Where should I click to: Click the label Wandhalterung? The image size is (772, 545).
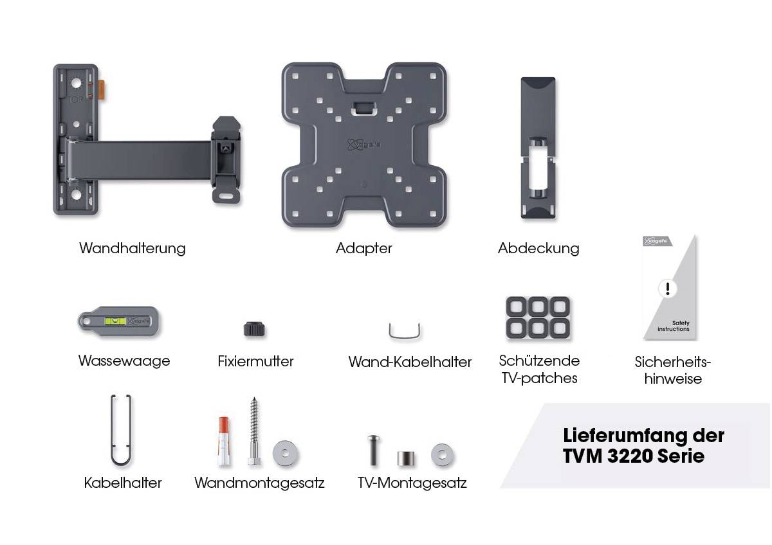point(132,248)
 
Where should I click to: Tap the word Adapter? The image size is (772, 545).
point(363,248)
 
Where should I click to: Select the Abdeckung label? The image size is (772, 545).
point(538,248)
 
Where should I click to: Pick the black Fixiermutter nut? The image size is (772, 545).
point(255,329)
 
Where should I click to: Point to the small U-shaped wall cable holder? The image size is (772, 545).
point(405,332)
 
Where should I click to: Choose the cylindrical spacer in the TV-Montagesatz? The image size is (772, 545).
point(405,459)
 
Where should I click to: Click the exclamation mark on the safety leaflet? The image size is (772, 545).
point(667,289)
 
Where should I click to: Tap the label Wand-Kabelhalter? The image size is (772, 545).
point(410,362)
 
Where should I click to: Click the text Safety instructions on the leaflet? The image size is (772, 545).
point(673,326)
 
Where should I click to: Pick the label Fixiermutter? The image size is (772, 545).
point(255,361)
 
